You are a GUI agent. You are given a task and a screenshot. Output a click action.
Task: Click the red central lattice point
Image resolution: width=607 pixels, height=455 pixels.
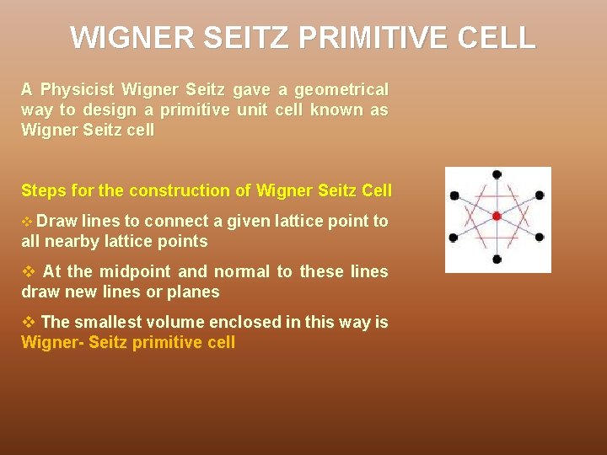497,217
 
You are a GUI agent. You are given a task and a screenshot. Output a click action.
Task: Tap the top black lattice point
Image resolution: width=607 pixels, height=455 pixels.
497,174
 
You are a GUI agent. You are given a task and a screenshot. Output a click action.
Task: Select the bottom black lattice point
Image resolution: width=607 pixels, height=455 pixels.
497,259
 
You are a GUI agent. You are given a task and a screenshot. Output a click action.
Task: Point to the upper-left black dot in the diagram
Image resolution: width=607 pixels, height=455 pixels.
454,195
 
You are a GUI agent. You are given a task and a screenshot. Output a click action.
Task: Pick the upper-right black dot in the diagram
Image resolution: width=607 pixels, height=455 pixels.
540,195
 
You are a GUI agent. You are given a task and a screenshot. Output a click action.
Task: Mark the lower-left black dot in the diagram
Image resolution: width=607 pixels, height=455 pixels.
454,238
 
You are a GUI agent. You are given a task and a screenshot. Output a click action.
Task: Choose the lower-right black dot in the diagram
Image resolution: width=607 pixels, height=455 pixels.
540,238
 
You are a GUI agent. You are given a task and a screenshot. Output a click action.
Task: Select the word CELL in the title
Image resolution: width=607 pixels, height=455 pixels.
503,38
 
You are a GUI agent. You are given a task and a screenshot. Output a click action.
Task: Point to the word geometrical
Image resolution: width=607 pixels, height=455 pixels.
341,89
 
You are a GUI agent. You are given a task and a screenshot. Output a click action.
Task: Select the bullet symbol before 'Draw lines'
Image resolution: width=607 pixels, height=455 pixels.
27,222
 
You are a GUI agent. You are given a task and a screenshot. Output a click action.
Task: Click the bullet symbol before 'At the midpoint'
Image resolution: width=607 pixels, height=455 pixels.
28,272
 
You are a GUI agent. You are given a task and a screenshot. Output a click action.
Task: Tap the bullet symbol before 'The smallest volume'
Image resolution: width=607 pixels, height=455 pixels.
28,323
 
